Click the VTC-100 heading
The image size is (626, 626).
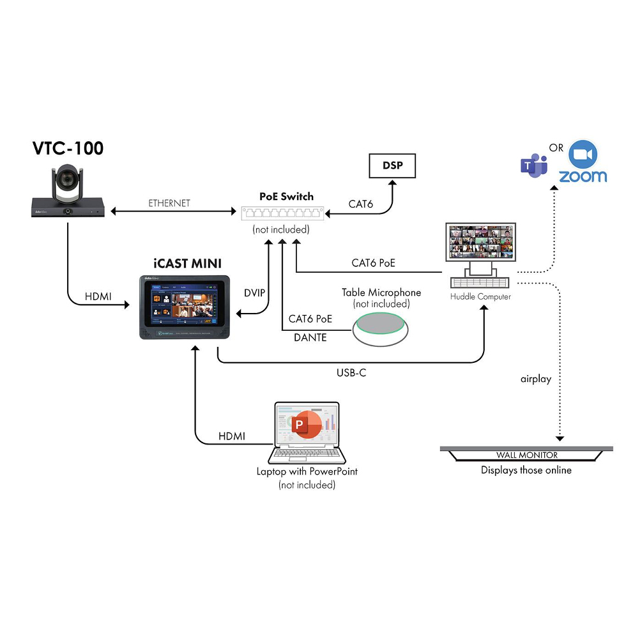coord(68,149)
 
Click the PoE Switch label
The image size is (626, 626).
coord(286,196)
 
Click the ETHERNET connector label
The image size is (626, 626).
coord(169,203)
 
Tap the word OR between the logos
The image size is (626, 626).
coord(556,148)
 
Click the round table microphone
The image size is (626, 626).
coord(383,325)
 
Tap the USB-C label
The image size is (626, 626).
coord(351,372)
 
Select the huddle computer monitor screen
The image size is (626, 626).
coord(482,241)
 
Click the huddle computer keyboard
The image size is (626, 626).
coord(480,281)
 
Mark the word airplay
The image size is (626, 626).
coord(536,379)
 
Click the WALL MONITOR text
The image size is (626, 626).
coord(527,455)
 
